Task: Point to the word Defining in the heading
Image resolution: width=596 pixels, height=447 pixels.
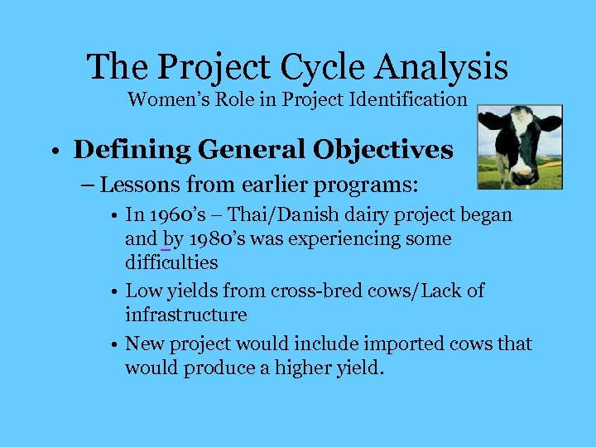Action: pos(120,150)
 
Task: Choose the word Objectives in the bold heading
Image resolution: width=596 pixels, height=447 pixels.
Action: pos(382,150)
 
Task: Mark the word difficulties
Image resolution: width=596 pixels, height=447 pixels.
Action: pos(171,263)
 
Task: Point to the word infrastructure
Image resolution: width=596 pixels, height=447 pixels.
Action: pos(185,315)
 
